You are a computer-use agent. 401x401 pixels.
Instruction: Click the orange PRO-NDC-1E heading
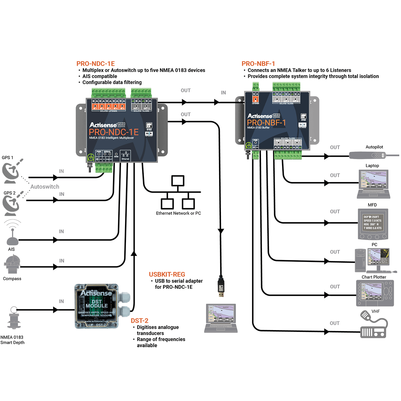96,63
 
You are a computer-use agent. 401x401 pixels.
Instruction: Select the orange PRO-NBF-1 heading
258,63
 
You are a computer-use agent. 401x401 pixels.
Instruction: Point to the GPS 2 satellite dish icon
12,205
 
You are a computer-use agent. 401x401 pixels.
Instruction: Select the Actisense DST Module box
96,306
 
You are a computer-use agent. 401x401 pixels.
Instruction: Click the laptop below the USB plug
221,318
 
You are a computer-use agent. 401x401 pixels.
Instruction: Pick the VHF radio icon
374,327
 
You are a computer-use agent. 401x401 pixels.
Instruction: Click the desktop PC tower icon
360,261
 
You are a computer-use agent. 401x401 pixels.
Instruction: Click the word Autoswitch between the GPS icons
45,187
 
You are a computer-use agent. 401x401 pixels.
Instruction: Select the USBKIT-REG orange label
167,274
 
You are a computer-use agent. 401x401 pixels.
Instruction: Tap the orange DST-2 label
139,321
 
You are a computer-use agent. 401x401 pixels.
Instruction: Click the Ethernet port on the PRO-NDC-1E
125,156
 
